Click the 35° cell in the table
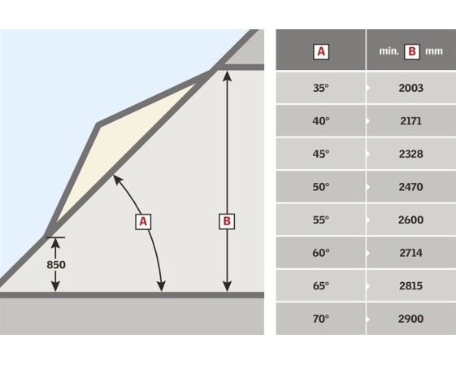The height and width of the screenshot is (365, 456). (x=321, y=88)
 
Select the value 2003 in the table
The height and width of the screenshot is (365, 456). (x=410, y=88)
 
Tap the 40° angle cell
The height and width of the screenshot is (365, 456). (x=321, y=120)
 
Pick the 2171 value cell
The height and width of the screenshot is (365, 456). (x=410, y=120)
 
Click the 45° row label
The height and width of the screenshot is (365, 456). (x=321, y=154)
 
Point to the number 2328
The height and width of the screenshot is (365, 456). (x=410, y=154)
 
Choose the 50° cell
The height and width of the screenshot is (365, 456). (x=321, y=187)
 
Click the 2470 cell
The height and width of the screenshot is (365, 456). (x=410, y=187)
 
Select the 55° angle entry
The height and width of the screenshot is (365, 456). (x=321, y=219)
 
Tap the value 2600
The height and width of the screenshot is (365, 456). (x=410, y=219)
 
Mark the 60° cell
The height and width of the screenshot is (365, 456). (x=321, y=253)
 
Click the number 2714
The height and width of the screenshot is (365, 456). (x=410, y=253)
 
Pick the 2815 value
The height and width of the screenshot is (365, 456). (x=410, y=286)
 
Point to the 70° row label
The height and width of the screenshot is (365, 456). (x=321, y=319)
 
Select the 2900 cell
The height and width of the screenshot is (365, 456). (x=410, y=319)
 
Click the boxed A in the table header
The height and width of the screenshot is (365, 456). (x=321, y=52)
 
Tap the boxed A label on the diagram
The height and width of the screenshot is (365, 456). (x=143, y=222)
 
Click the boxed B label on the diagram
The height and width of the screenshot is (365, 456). (x=227, y=221)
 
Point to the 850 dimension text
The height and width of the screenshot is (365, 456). (x=56, y=265)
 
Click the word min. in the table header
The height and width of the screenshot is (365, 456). (x=389, y=51)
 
